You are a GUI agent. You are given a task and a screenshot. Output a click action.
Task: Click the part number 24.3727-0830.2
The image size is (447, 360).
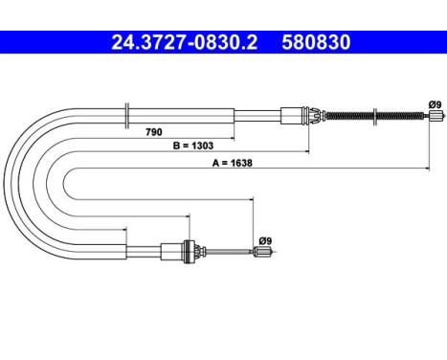185,42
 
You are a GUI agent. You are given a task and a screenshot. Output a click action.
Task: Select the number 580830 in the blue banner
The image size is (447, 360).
316,42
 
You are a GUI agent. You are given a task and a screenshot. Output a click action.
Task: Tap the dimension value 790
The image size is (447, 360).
154,132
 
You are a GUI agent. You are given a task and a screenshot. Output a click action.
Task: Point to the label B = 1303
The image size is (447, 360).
193,146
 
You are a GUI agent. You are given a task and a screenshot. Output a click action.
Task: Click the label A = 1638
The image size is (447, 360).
233,163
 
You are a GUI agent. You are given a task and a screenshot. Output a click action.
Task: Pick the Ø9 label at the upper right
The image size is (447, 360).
435,104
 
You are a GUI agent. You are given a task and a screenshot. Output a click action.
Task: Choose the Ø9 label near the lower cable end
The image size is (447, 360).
265,240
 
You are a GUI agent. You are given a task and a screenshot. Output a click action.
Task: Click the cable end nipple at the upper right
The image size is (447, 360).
436,115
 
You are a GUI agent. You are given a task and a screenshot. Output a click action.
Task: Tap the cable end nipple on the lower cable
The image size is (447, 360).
263,252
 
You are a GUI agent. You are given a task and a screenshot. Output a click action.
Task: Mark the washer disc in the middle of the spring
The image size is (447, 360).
375,117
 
